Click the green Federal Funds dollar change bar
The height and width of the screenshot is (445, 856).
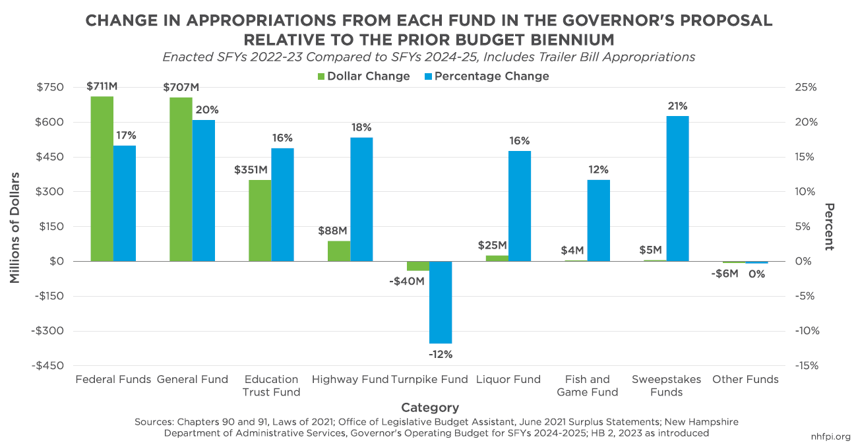point(102,179)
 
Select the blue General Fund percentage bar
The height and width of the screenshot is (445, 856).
point(204,191)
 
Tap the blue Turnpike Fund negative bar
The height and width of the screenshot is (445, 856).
point(441,302)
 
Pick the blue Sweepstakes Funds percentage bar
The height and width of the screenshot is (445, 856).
point(677,189)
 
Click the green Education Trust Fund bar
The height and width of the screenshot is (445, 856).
point(260,220)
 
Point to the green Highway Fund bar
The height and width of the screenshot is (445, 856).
point(339,251)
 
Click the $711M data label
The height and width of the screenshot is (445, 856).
point(102,86)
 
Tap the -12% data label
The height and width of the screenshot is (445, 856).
point(441,354)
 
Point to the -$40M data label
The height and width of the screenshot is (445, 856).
point(406,282)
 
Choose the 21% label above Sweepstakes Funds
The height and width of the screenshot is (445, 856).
point(677,106)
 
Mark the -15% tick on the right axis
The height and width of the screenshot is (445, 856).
point(805,366)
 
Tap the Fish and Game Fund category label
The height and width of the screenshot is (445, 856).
point(587,386)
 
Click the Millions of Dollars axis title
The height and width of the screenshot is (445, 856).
point(15,227)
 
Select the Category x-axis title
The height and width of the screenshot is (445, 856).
point(429,407)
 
